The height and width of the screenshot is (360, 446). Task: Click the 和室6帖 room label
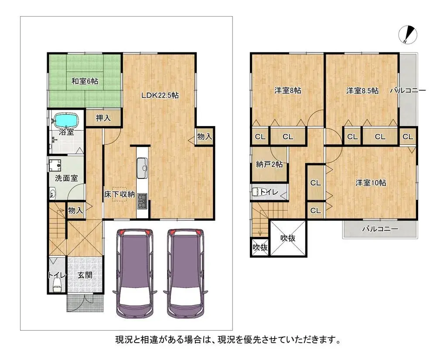(x=85, y=81)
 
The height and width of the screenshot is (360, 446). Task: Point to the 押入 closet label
(x=103, y=118)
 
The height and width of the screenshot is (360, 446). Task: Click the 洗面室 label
(x=66, y=178)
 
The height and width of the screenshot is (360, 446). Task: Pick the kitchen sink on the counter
(x=143, y=168)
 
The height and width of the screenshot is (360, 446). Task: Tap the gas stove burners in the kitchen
(x=143, y=200)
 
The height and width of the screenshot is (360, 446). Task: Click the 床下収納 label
(x=119, y=195)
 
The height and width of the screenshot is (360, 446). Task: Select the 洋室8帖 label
(x=287, y=91)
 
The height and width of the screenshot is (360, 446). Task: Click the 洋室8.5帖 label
(x=362, y=91)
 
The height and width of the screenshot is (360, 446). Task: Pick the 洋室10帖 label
(x=371, y=183)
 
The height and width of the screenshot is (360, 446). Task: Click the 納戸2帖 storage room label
(x=269, y=165)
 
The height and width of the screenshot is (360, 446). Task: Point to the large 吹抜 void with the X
(x=288, y=238)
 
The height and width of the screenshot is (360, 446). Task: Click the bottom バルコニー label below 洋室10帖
(x=380, y=229)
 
